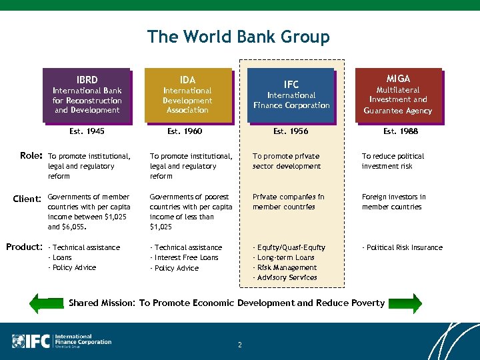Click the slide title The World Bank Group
point(239,37)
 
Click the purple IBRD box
point(87,95)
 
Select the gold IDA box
point(187,95)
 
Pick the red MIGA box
point(398,95)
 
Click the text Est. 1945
point(87,131)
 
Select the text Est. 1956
point(291,131)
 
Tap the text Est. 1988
point(401,131)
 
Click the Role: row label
point(31,156)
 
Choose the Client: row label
point(28,198)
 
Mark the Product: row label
point(24,247)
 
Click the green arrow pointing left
point(49,303)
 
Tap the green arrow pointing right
point(407,303)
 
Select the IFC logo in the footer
point(62,341)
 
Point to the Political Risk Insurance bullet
point(403,248)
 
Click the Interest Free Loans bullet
point(185,258)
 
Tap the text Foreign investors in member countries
point(394,202)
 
